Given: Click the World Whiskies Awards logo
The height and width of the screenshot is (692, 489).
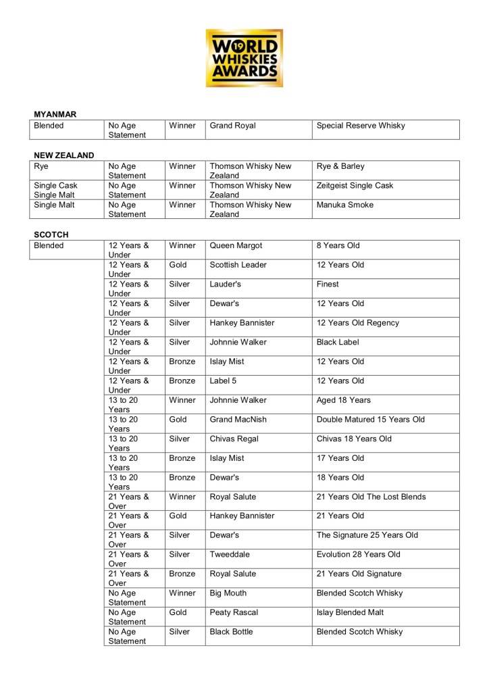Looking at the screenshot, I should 244,57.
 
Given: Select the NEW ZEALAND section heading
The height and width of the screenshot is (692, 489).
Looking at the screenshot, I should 64,155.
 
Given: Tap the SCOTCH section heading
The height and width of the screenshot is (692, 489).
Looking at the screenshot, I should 51,234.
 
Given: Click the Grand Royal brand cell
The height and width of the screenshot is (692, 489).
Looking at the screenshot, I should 232,126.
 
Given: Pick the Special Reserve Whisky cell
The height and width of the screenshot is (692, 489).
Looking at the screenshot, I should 360,126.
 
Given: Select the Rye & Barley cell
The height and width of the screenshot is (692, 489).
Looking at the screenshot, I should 340,166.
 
